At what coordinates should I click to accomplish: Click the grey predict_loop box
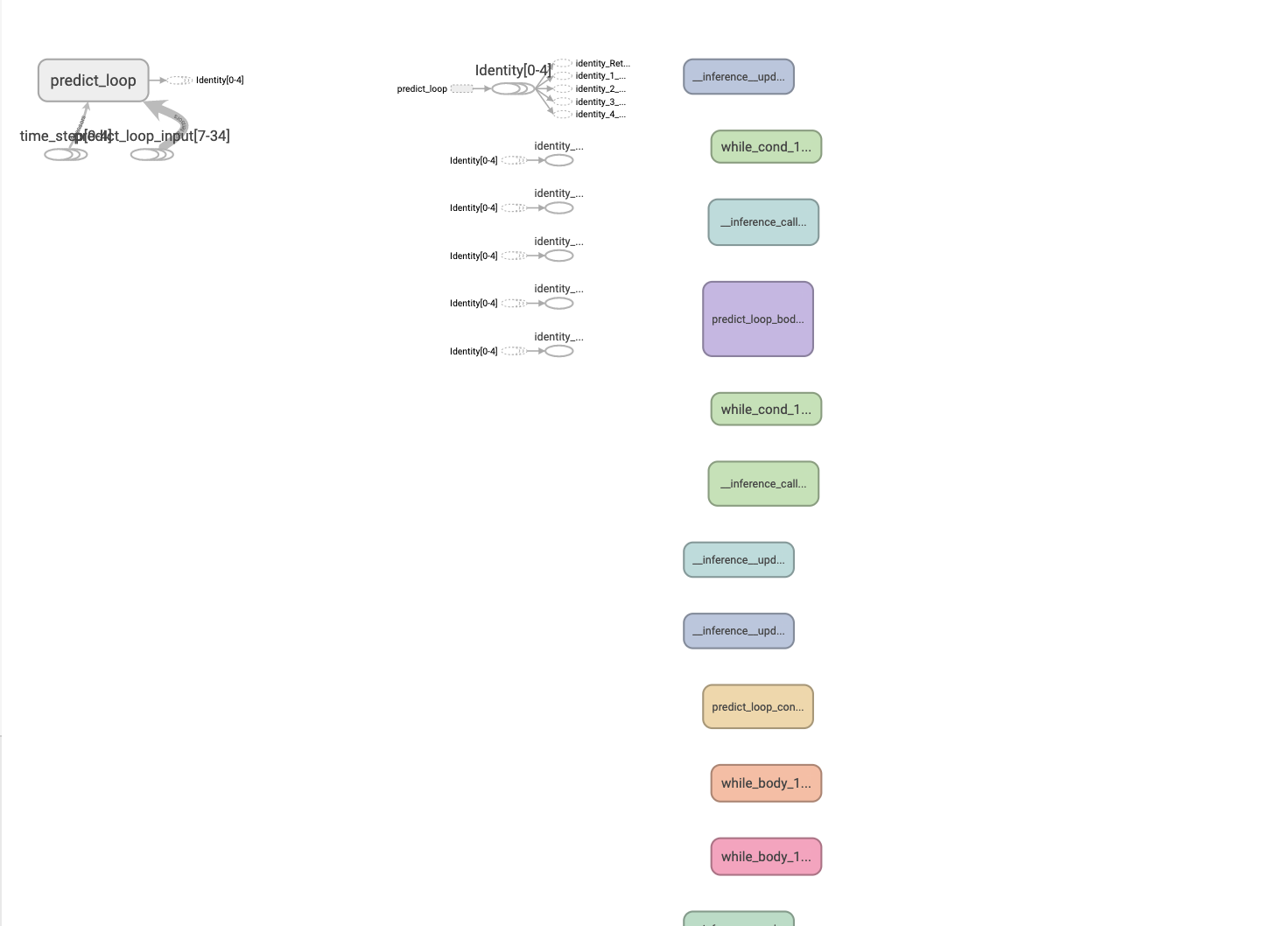93,81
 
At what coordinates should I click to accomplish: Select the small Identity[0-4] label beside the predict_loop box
219,81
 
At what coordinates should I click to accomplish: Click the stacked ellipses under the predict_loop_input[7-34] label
151,155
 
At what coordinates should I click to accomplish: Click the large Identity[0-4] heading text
513,70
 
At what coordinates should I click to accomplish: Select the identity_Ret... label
602,64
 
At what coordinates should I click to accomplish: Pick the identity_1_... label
600,76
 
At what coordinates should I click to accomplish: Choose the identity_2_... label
600,89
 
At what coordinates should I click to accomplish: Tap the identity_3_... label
600,102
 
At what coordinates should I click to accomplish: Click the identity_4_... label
600,115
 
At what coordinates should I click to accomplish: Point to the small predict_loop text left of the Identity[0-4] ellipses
422,89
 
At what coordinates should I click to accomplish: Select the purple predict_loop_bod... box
757,319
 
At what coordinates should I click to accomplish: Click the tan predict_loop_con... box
757,706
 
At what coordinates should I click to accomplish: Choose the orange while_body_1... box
766,783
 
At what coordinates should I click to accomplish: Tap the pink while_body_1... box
766,857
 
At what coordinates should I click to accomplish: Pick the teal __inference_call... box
763,222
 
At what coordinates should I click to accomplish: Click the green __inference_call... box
763,484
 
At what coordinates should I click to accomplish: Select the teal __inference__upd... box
738,560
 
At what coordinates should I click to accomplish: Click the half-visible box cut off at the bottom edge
738,919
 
